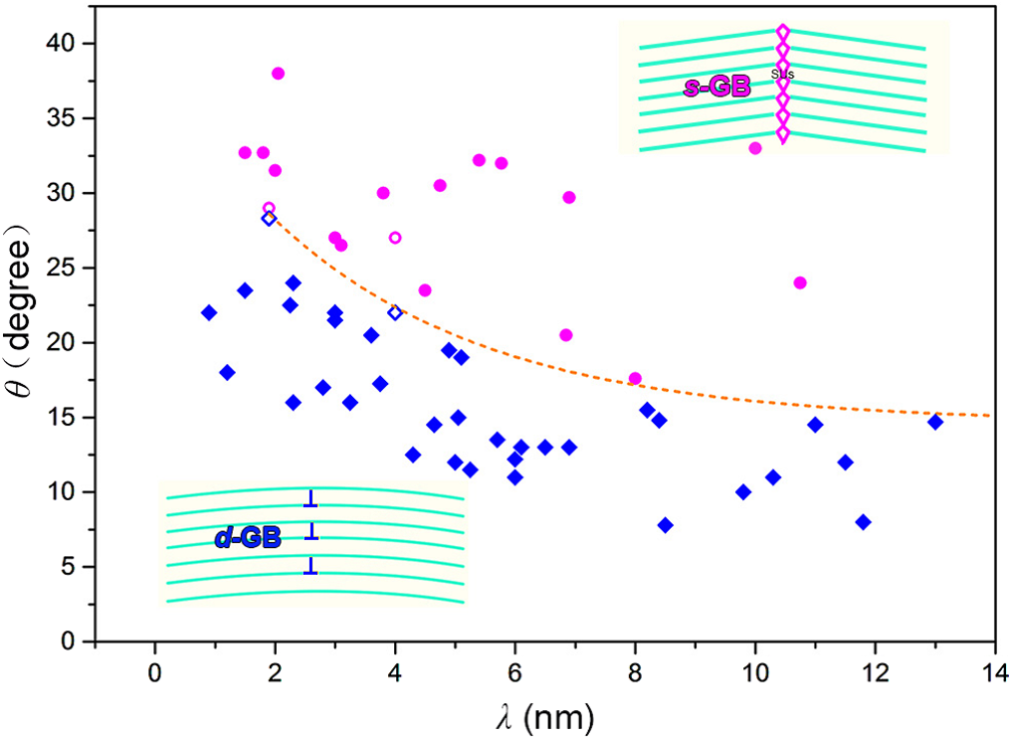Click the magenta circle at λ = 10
point(755,148)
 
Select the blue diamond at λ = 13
point(935,422)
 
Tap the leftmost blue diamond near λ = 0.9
point(209,312)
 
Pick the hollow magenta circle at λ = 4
point(395,238)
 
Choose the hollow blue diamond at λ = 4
point(395,312)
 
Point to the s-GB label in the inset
point(716,88)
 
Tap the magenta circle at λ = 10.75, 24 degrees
point(800,282)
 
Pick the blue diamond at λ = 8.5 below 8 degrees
point(665,525)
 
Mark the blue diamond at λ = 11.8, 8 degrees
point(863,522)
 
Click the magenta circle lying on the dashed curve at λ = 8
point(635,379)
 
